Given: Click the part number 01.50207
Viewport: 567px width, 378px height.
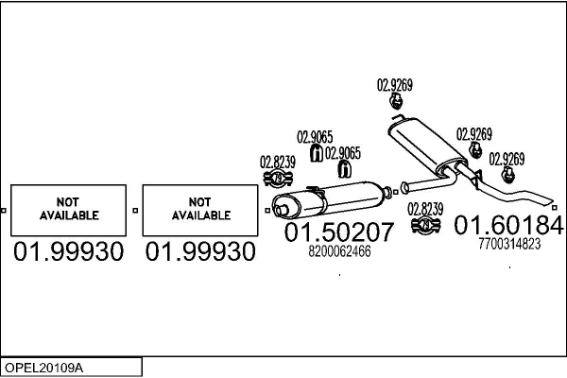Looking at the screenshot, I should tap(337, 232).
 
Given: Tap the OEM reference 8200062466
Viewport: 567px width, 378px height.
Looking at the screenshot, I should tap(339, 251).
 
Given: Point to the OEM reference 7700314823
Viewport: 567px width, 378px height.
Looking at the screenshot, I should tap(509, 243).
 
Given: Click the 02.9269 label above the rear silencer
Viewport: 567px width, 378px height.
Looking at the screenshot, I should tap(395, 84).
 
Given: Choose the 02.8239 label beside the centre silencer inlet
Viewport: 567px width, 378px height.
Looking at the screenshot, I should tap(278, 162).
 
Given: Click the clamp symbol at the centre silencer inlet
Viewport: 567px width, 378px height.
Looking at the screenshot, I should tap(277, 178).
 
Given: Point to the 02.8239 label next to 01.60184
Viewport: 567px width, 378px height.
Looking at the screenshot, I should tap(425, 208).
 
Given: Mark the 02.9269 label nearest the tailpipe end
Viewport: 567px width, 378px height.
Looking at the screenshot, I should tap(507, 157).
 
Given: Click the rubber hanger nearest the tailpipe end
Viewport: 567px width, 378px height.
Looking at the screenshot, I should tap(508, 175).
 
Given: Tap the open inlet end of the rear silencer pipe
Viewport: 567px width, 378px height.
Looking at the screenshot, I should tap(404, 185).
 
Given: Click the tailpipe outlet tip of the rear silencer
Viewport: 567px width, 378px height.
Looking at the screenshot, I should tap(554, 200).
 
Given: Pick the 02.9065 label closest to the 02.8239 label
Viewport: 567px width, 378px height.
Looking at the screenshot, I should tap(315, 136).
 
